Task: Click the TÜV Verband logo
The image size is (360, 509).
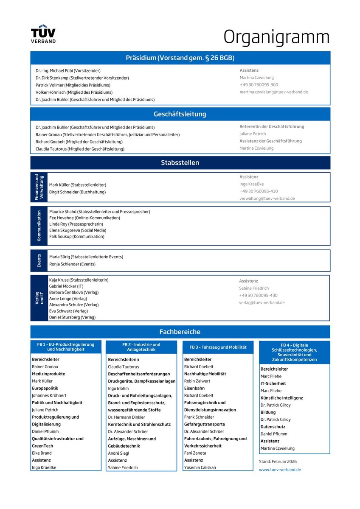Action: [43, 35]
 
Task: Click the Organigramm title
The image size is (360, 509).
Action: [276, 36]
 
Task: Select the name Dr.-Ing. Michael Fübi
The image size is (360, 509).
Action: [68, 70]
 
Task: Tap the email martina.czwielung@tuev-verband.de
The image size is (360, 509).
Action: [273, 92]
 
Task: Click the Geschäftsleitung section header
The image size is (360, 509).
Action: [180, 114]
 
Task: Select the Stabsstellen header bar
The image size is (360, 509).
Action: [180, 163]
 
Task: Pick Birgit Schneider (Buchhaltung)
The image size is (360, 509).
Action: [77, 192]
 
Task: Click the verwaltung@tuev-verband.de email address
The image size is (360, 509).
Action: [267, 199]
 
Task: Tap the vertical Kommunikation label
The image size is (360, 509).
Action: [39, 226]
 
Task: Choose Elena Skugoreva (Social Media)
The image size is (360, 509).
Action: [78, 230]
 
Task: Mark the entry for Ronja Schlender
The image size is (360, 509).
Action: [72, 264]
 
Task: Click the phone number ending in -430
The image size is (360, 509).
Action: [258, 296]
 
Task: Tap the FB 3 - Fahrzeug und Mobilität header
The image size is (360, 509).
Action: [218, 347]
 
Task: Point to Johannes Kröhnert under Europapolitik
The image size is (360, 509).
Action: [49, 395]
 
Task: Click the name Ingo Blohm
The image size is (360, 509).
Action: [118, 388]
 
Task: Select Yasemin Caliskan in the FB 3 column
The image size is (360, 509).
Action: [200, 467]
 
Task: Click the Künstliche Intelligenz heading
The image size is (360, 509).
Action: [282, 398]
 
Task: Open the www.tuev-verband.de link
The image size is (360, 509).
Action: [280, 470]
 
